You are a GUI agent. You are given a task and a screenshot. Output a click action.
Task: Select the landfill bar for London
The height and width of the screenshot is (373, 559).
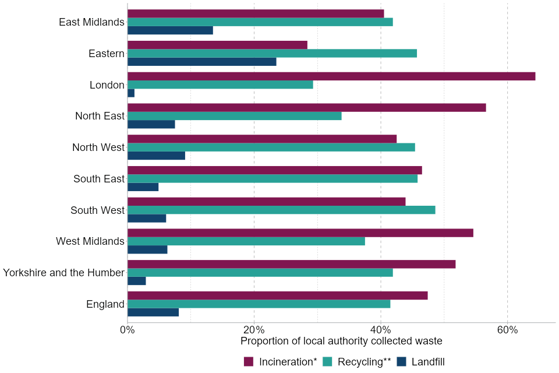coord(131,93)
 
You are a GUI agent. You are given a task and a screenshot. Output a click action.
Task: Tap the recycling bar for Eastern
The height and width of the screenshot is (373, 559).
coord(272,54)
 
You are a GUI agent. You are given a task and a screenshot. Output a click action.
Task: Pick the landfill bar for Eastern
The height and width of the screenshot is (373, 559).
coord(201,62)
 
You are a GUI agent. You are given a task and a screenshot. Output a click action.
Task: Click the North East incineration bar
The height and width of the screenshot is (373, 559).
coord(306,108)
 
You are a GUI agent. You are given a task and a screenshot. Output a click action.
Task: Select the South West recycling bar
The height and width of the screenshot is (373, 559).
coord(281,210)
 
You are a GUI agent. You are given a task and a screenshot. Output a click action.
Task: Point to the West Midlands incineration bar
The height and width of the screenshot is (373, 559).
coord(300,233)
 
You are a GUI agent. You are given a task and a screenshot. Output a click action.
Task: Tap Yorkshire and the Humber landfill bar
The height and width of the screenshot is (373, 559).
coord(137,281)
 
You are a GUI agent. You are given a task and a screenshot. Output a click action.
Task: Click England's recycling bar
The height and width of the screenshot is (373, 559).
coord(259,304)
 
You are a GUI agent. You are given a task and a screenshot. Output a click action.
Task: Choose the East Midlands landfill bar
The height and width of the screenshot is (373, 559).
coord(170,30)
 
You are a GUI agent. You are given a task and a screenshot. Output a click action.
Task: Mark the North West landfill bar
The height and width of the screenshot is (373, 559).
coord(156,156)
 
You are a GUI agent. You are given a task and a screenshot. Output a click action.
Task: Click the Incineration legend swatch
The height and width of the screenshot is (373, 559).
coord(249,362)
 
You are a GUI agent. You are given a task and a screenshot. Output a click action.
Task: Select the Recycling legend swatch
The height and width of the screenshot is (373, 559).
coord(327,362)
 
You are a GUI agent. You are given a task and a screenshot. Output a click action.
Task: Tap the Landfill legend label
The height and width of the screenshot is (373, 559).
coord(428,362)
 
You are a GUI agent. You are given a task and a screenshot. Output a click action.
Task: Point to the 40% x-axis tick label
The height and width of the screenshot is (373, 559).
coord(381,330)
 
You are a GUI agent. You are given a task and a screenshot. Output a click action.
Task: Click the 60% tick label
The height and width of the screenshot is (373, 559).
coord(508,330)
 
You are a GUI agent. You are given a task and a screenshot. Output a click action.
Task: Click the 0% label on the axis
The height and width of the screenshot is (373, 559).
coord(128,330)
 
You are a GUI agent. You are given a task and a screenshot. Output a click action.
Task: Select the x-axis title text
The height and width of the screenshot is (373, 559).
coord(341,341)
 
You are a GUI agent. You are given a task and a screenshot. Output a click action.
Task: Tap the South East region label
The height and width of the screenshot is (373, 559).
coord(99,179)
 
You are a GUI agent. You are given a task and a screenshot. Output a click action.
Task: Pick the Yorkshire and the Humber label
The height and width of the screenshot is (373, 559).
coord(63,273)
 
